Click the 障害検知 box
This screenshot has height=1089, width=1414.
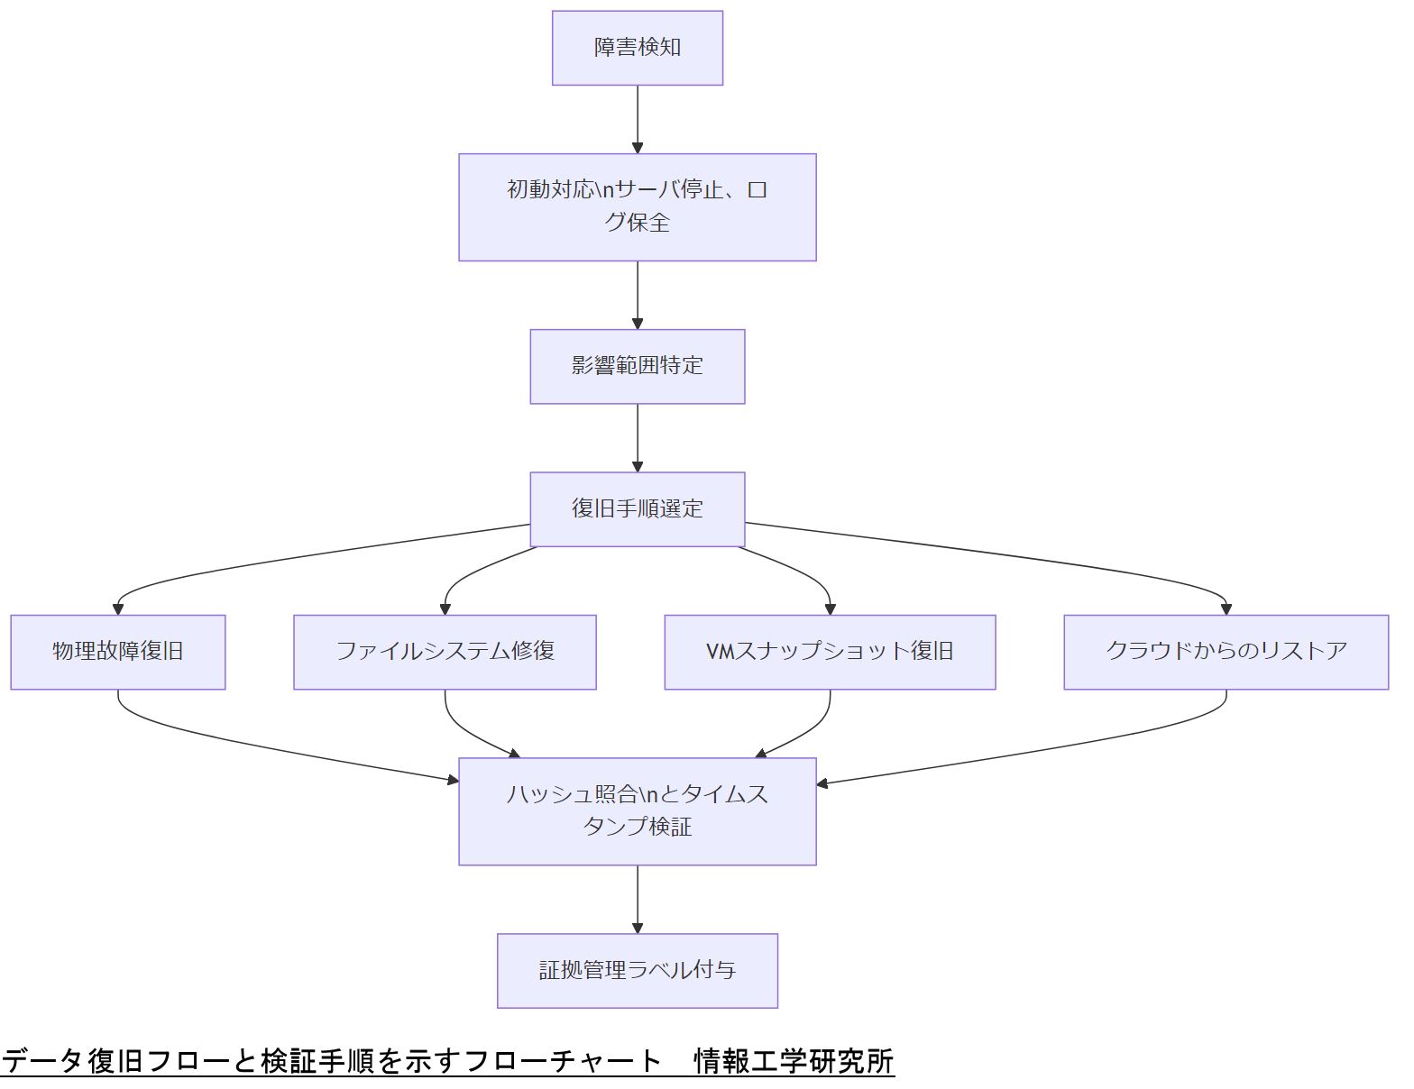(x=638, y=48)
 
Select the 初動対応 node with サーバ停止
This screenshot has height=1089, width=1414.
(x=638, y=206)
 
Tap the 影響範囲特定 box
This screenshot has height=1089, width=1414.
(x=638, y=366)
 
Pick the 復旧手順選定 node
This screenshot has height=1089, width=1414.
(x=638, y=509)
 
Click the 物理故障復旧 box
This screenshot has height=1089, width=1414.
(x=118, y=652)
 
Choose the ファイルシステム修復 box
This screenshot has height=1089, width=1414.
(x=445, y=652)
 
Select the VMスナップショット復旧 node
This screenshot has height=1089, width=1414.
(x=830, y=652)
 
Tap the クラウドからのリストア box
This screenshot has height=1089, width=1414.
(x=1226, y=652)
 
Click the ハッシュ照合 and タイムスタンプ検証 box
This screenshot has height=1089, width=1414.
(x=638, y=811)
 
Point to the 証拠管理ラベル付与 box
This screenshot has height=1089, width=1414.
(x=638, y=970)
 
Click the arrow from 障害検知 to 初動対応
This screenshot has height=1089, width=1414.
(x=638, y=119)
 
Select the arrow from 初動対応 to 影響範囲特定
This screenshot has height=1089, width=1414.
(x=638, y=295)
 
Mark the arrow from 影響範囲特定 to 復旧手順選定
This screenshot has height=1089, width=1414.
(x=638, y=437)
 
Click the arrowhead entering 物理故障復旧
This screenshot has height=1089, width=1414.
(x=118, y=609)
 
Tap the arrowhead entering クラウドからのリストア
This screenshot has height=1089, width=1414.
(x=1226, y=609)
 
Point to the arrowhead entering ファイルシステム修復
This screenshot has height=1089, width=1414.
(x=445, y=609)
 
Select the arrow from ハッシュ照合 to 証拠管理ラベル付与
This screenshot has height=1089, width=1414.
(x=638, y=899)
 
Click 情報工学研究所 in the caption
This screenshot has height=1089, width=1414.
(x=794, y=1061)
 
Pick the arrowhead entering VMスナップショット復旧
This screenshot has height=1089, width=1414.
(x=830, y=609)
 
